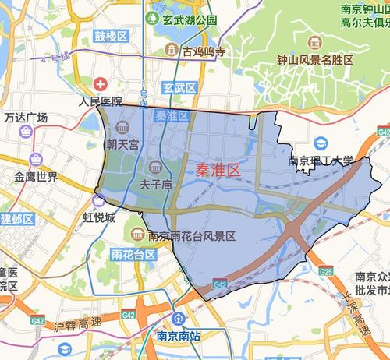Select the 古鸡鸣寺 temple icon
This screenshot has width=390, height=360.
point(171,51)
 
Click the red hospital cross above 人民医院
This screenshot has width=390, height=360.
point(101,83)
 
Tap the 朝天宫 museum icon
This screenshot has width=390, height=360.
point(122,128)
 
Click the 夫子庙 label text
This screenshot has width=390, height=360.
point(155,185)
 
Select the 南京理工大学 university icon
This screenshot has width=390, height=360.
point(320,145)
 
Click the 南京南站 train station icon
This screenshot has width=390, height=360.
point(179,319)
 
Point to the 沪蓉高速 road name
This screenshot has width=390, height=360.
point(69,323)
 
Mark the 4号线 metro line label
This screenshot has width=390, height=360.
point(57,58)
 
